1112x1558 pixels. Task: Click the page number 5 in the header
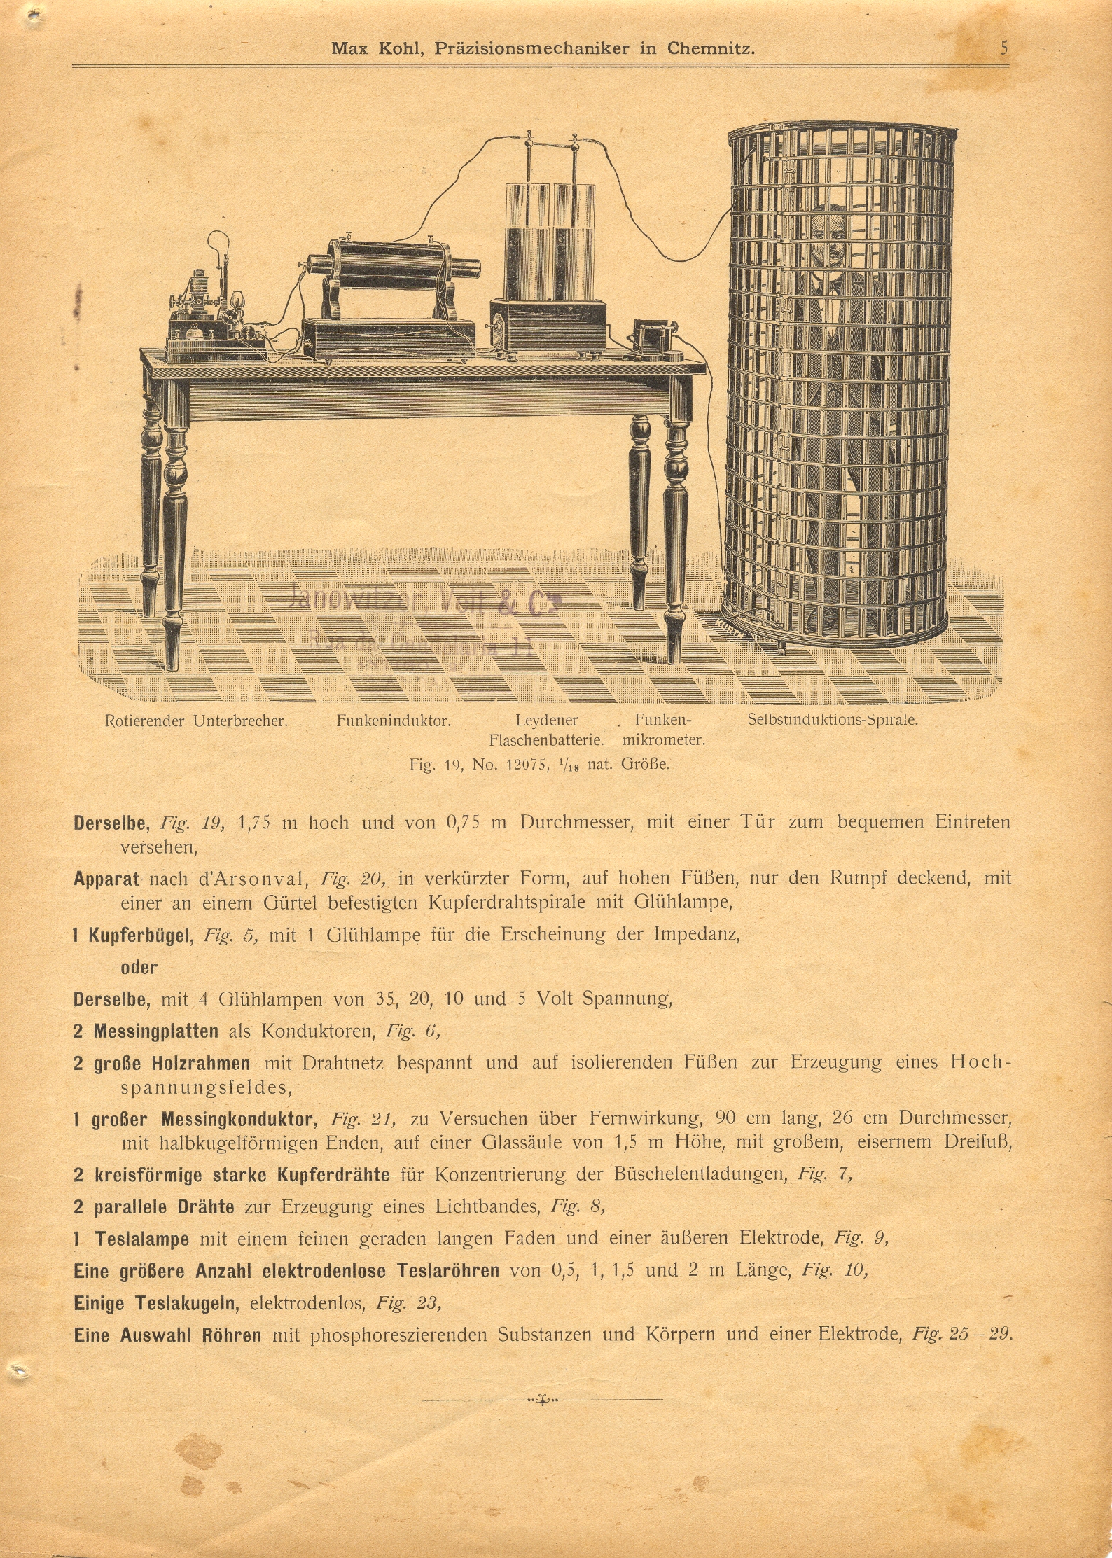point(1004,48)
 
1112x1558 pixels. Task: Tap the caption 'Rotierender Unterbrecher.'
point(196,720)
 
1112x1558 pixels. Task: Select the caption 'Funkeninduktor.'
point(393,720)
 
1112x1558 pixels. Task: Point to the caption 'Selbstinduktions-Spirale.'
point(833,719)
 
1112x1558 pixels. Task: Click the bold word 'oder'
point(139,967)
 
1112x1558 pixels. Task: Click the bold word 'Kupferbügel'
point(141,935)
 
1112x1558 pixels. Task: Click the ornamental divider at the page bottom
point(542,1400)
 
